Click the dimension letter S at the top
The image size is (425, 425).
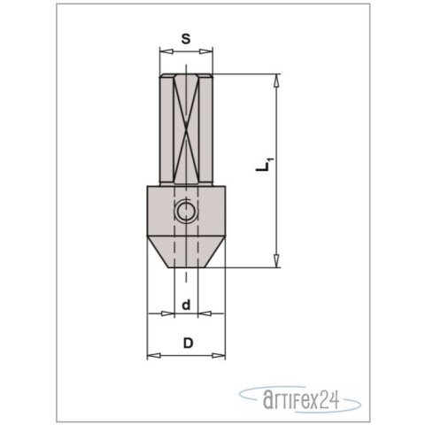pos(185,39)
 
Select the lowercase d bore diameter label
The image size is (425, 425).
pos(185,305)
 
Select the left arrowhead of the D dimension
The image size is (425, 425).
pos(150,355)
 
